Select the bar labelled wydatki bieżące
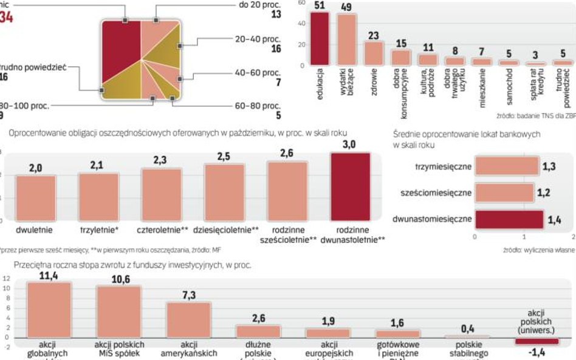pos(347,39)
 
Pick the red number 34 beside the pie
pos(6,18)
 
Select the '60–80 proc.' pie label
pos(258,106)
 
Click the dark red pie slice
pos(120,52)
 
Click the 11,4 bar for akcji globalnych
pos(49,310)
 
